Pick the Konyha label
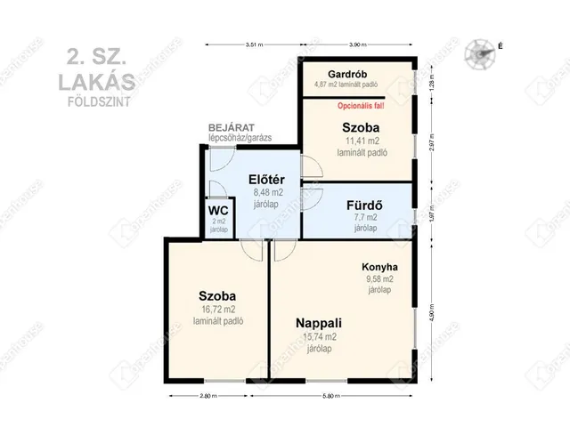pos(379,267)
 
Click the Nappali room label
pos(319,323)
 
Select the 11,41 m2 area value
pos(362,141)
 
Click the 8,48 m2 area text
pos(268,191)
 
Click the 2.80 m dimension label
pos(209,396)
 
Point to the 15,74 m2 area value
pos(319,337)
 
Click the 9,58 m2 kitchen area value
pos(379,278)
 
